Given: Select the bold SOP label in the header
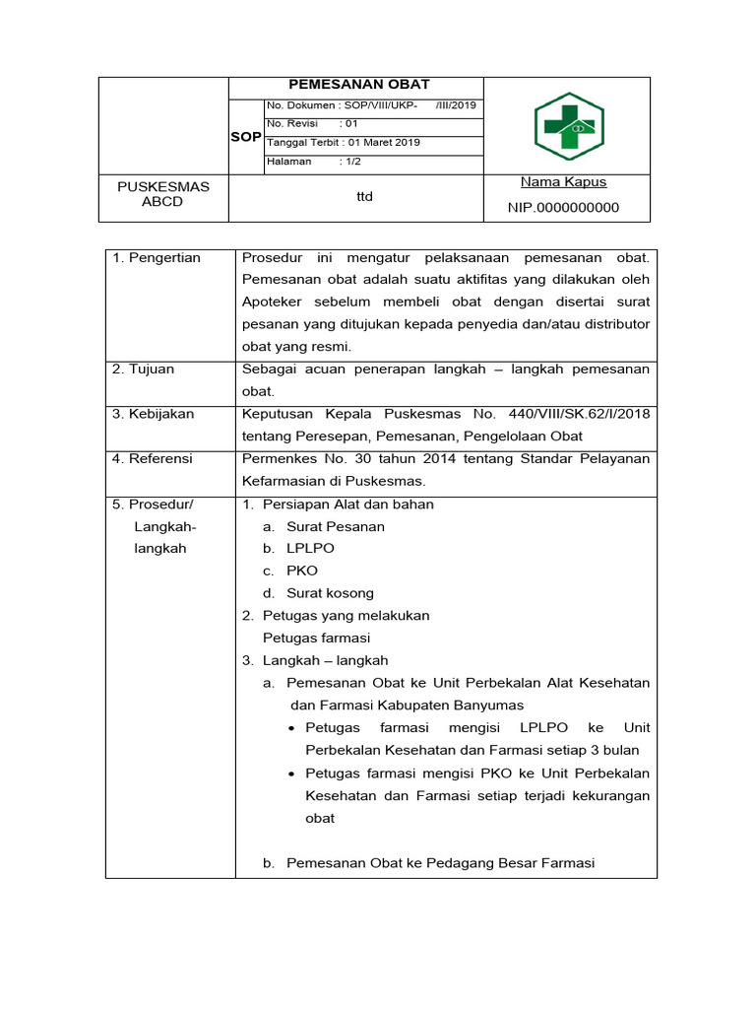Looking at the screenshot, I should [x=245, y=137].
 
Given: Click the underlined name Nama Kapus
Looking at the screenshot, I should [x=563, y=182].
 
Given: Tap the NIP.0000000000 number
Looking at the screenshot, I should [x=563, y=208].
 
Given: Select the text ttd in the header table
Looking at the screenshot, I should [x=364, y=197].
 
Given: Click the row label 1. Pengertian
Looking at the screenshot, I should [x=157, y=258].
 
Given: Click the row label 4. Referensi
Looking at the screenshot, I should [x=153, y=459].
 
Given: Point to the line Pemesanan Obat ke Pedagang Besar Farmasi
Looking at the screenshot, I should [x=440, y=863].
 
